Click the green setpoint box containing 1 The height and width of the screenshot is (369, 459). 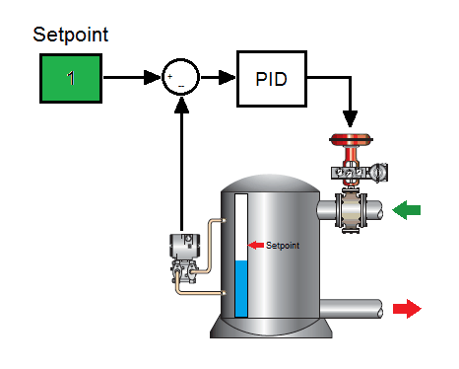point(70,78)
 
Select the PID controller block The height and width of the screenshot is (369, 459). point(272,77)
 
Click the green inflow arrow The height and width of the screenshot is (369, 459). point(406,209)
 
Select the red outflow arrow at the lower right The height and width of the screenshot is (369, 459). point(406,309)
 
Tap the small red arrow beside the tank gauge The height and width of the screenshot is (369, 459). point(255,244)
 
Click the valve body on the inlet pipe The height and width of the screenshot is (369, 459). point(350,210)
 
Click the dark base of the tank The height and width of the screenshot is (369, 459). point(266,330)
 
